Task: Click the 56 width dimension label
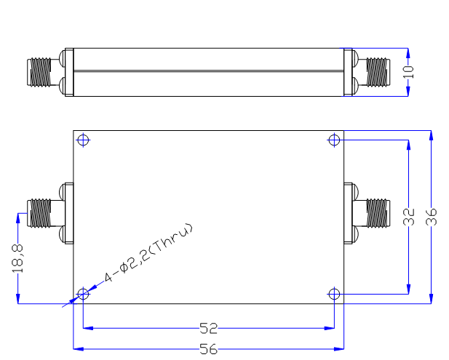(208, 349)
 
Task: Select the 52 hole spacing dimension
(208, 328)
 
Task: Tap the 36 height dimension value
(432, 217)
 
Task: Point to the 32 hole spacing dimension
(409, 217)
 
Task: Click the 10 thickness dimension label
(408, 72)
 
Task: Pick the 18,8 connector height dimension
(17, 258)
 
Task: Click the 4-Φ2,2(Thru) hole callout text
(148, 252)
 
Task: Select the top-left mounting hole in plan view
(83, 140)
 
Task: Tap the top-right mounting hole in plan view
(334, 140)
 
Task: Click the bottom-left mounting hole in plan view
(83, 294)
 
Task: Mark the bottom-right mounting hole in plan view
(334, 294)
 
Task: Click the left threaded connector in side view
(39, 72)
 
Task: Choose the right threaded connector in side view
(378, 72)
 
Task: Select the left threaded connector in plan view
(39, 213)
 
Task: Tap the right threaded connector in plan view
(378, 213)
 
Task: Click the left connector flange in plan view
(69, 213)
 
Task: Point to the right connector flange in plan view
(348, 213)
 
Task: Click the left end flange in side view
(69, 72)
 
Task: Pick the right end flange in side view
(348, 72)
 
